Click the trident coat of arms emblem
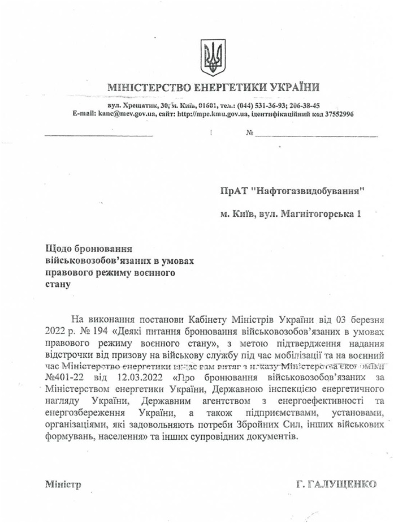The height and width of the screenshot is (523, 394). point(213,57)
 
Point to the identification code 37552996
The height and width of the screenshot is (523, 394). point(337,114)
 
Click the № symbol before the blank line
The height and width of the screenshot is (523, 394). point(249,134)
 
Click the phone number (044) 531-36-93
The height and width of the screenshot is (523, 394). point(261,106)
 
